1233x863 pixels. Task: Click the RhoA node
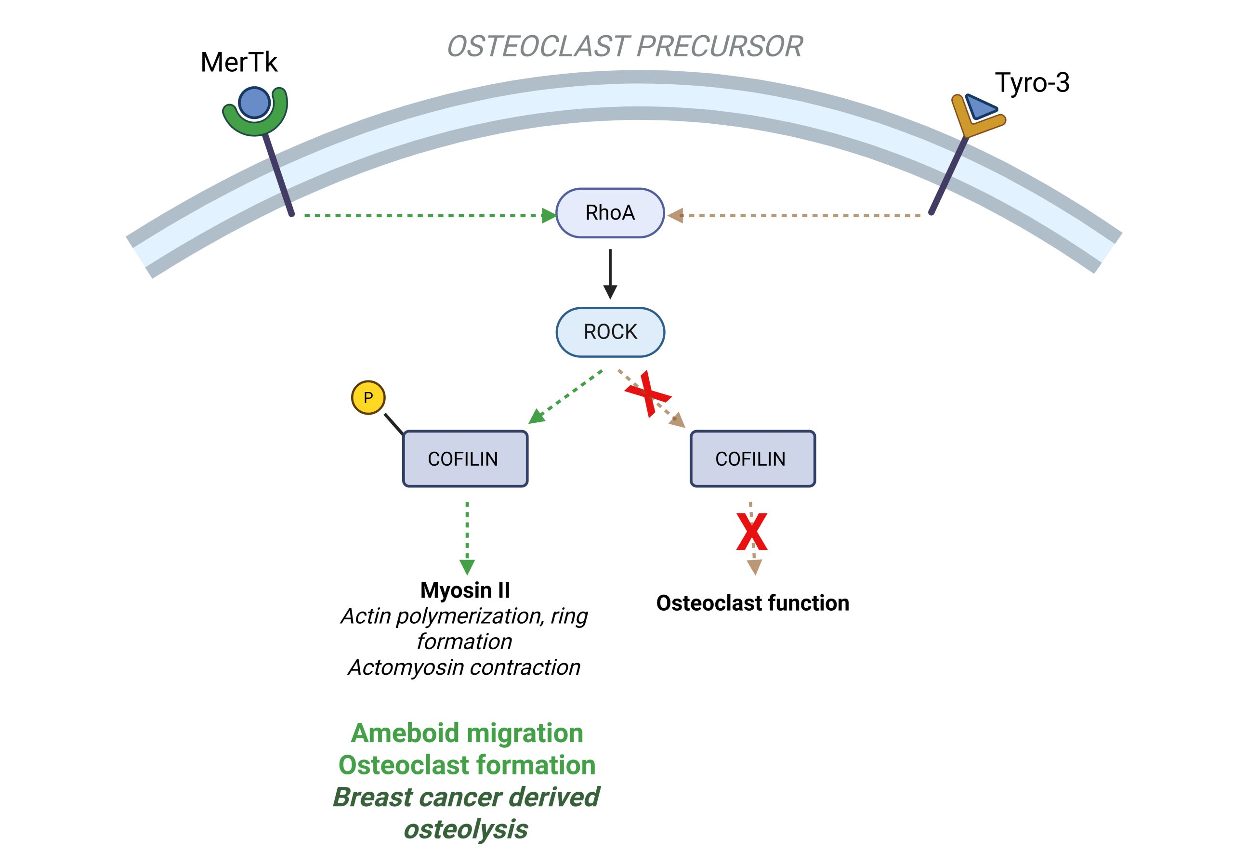click(x=610, y=213)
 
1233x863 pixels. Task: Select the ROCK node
click(x=610, y=332)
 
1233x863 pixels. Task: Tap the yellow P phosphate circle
click(x=368, y=397)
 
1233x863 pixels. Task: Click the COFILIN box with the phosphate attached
click(x=465, y=458)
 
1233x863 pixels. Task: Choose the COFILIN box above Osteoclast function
click(x=752, y=458)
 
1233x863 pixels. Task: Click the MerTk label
click(x=239, y=62)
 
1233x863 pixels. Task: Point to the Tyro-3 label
click(x=1032, y=83)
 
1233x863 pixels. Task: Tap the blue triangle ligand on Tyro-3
click(x=980, y=107)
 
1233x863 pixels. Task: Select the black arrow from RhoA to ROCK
click(x=610, y=273)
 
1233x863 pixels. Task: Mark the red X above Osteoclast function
click(x=752, y=532)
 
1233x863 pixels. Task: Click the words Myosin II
click(x=465, y=590)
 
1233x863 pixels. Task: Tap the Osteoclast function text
click(x=752, y=603)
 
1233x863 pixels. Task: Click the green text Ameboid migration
click(x=467, y=733)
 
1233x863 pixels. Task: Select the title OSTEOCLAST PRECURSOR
click(x=625, y=46)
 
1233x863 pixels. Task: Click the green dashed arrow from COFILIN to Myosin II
click(x=467, y=537)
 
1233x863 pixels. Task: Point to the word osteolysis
click(x=466, y=829)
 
